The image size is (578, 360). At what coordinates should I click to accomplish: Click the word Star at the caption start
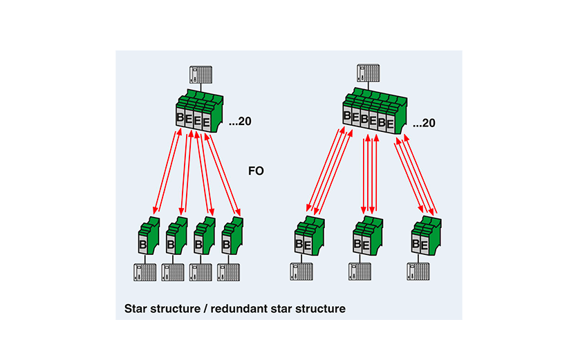(136, 307)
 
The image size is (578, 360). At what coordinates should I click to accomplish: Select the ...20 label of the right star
(423, 124)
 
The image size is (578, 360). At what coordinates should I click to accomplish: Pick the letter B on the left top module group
(180, 118)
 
